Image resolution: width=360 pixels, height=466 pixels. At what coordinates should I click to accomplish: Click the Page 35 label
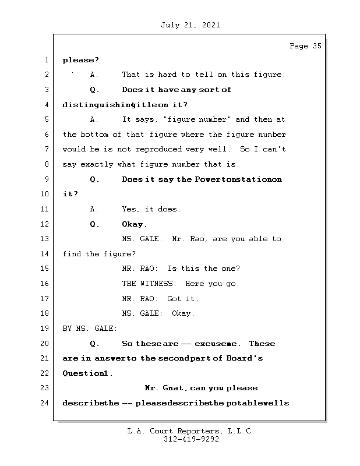pos(305,47)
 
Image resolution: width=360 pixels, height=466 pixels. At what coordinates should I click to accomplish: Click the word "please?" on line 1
pos(81,60)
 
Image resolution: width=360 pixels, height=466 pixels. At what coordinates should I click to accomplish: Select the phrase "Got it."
pos(183,299)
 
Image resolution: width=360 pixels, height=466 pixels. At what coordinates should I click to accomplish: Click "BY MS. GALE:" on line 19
pos(90,329)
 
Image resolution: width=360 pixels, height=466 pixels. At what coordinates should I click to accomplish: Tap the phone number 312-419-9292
pos(191,440)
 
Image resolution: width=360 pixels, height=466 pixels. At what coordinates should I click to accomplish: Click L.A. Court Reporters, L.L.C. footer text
pos(190,432)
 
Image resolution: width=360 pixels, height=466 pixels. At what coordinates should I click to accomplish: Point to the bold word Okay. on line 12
pos(135,224)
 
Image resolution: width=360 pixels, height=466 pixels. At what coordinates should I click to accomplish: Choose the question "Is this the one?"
pos(203,269)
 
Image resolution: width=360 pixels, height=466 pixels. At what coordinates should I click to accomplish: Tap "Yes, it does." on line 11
pos(151,209)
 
